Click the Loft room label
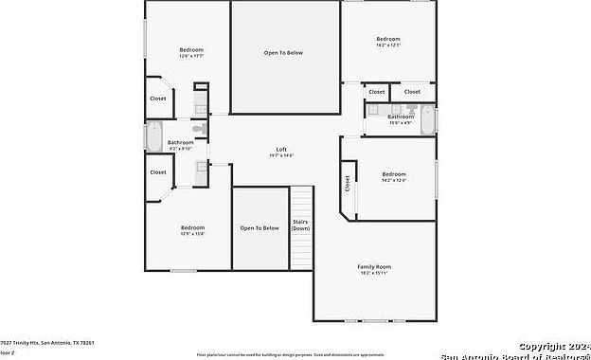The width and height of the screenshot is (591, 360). coord(281,150)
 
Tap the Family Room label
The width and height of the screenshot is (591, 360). coord(374,267)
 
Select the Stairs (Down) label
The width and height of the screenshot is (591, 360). coord(300,225)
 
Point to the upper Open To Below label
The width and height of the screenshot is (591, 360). coord(283,52)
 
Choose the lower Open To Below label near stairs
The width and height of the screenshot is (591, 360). coord(260,228)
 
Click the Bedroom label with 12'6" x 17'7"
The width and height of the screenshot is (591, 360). coord(192,49)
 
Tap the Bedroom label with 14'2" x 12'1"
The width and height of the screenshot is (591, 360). coord(388,39)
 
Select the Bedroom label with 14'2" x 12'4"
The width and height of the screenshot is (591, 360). coord(394,174)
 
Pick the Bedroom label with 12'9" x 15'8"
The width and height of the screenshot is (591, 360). coord(193,228)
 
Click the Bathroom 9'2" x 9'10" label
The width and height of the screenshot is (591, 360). coord(181,142)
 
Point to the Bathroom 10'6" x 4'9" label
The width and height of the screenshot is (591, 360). coord(401,117)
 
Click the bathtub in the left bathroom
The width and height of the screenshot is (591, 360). coord(154,137)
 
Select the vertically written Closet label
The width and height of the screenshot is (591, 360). coord(348,183)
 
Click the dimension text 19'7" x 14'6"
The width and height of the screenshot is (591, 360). coord(281,155)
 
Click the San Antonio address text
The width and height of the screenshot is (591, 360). coord(47,342)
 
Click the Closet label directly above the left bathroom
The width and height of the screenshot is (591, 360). coord(158,99)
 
